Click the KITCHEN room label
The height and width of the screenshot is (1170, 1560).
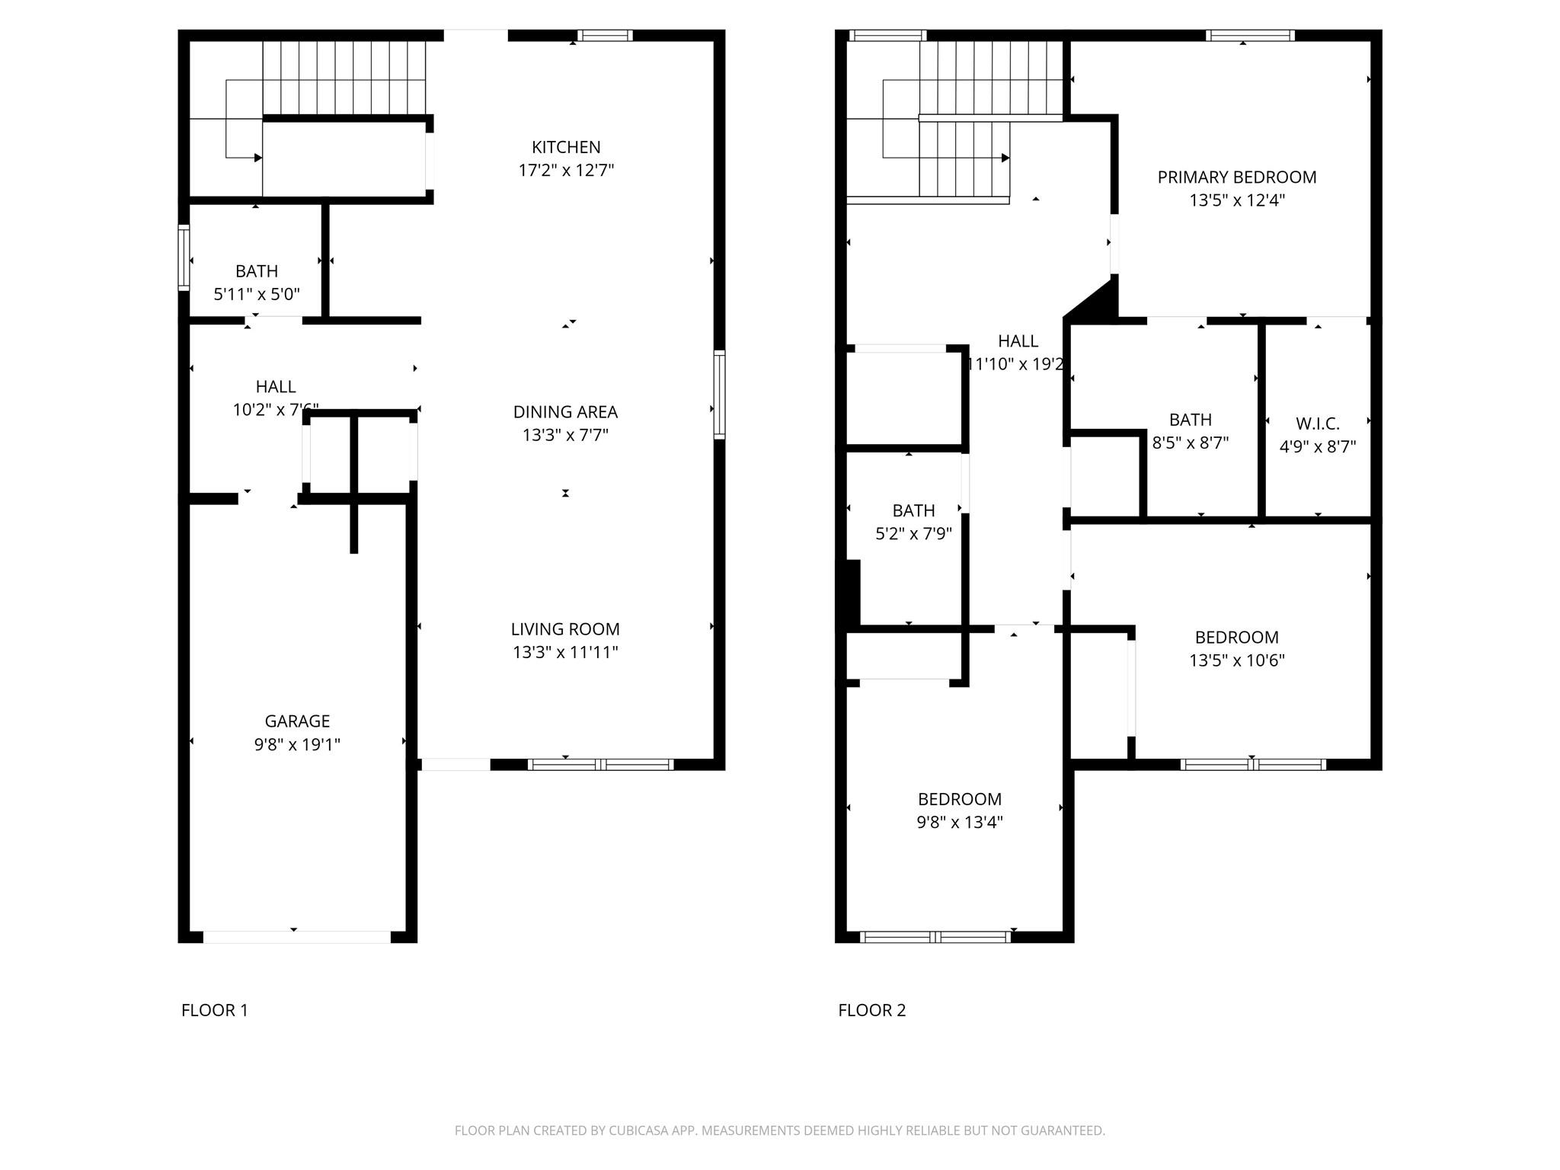click(x=566, y=147)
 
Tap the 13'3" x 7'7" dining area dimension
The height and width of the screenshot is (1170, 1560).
click(x=565, y=435)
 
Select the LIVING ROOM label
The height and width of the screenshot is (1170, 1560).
click(x=565, y=629)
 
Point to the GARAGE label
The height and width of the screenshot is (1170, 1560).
click(x=297, y=721)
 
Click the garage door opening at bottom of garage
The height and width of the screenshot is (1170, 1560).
click(x=296, y=937)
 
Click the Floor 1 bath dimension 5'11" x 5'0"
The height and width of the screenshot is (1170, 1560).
click(x=257, y=294)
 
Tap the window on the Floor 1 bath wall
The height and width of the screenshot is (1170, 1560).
click(x=184, y=257)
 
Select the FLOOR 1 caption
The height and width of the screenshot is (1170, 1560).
click(x=215, y=1010)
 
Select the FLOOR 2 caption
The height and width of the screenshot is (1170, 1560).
click(x=872, y=1010)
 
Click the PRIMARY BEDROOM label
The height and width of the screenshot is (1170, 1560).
click(x=1237, y=177)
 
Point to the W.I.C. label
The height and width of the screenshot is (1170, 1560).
click(x=1318, y=424)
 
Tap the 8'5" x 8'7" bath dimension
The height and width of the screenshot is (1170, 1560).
click(x=1191, y=443)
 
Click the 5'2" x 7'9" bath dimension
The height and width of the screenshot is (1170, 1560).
click(x=913, y=533)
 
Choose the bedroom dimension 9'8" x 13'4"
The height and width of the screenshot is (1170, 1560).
click(x=960, y=822)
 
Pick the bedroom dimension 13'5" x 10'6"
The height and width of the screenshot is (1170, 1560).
click(x=1237, y=660)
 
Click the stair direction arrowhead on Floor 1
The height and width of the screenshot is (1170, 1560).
click(x=258, y=158)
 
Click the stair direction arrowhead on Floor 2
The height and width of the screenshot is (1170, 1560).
click(x=1005, y=158)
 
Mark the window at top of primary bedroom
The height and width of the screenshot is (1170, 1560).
click(x=1250, y=35)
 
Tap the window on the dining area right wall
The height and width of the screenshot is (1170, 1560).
click(x=719, y=395)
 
